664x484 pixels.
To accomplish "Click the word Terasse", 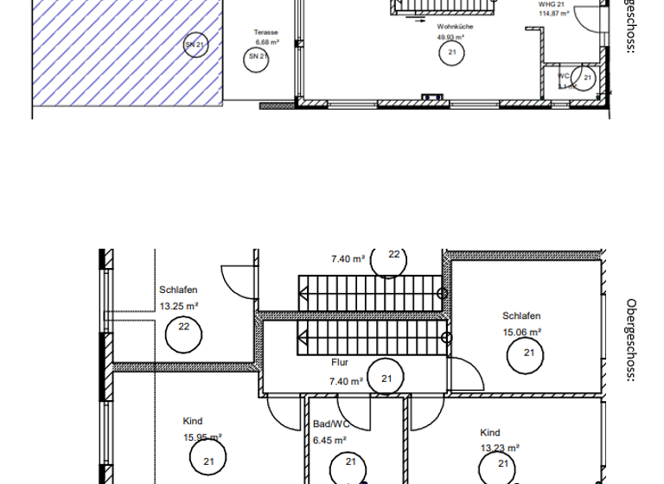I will [x=266, y=33].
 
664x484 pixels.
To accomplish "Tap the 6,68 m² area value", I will [x=266, y=41].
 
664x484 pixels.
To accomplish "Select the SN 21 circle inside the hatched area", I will [x=195, y=44].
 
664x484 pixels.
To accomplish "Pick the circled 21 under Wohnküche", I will [x=451, y=53].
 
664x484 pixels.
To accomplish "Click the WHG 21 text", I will [x=551, y=5].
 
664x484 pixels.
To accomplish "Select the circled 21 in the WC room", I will [x=587, y=78].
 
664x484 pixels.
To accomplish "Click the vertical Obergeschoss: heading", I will [x=631, y=341].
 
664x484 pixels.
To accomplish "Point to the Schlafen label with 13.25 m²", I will [x=179, y=290].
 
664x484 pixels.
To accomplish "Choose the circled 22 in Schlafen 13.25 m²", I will [x=183, y=327].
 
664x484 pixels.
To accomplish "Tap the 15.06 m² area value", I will [x=522, y=331].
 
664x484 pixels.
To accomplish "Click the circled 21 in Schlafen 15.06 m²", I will [x=527, y=353].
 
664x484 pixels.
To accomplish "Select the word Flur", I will [x=340, y=364].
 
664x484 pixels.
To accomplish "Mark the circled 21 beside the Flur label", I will [x=386, y=379].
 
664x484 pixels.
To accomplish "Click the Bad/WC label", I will [x=329, y=424].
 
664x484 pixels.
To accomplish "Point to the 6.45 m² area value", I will [x=329, y=439].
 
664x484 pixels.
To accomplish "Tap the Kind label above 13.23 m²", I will [x=490, y=432].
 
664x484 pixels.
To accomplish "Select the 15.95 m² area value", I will [x=202, y=437].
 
